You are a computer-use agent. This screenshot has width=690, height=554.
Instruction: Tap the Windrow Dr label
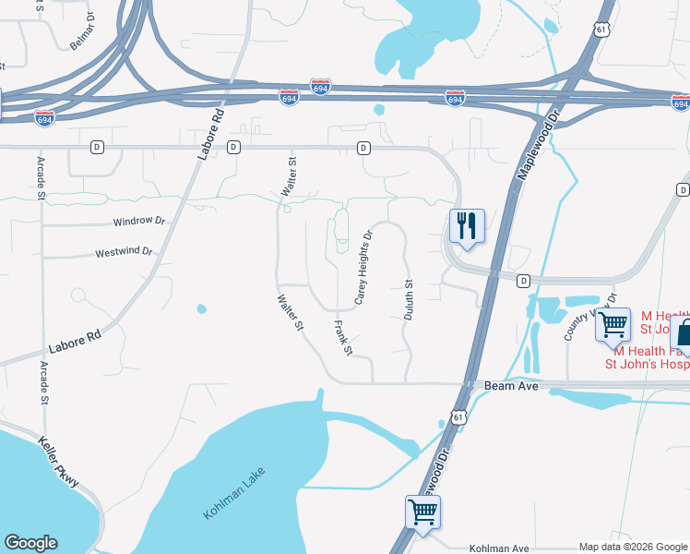coord(138,222)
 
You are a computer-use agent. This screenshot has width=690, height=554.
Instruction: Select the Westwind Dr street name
coord(123,252)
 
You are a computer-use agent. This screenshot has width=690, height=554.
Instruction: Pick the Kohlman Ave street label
coord(499,548)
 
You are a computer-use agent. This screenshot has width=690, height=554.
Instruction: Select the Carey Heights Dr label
coord(363,268)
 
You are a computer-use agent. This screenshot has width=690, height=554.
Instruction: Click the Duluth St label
coord(408,300)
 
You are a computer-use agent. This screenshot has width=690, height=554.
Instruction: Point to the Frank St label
coord(342,338)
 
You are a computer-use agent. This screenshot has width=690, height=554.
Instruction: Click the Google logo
coord(30,543)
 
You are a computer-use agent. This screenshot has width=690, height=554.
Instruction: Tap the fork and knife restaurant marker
coord(467,226)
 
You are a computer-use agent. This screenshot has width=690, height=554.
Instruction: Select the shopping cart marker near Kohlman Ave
coord(422,511)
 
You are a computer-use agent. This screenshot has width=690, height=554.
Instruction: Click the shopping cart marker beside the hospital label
coord(613,325)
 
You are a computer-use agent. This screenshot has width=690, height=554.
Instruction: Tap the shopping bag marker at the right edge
coord(684,331)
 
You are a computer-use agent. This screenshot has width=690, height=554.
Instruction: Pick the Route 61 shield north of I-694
coord(601,30)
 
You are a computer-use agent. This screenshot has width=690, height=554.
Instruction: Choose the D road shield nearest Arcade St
coord(97,147)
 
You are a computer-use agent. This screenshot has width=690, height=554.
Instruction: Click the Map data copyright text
coord(632,547)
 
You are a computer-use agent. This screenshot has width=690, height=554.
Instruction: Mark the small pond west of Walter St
coord(201,308)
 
